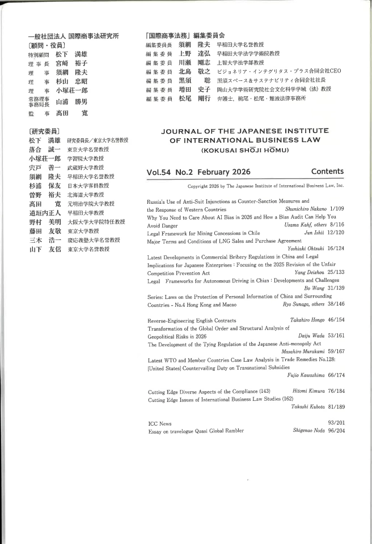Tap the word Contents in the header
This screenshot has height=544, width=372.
click(x=327, y=172)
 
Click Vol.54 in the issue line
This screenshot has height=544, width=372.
click(x=159, y=172)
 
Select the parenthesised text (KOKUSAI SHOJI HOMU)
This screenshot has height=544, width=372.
click(x=245, y=150)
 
